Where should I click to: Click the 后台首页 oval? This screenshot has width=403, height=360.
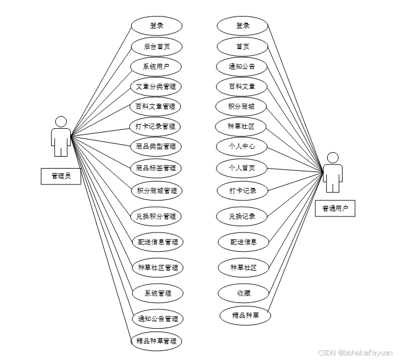click(x=156, y=46)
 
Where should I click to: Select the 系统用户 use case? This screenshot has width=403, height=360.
click(x=156, y=67)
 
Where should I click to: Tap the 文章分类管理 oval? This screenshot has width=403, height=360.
click(x=156, y=87)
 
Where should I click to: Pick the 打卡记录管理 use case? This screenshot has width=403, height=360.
click(x=156, y=126)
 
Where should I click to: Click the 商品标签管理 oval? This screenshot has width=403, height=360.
click(x=156, y=168)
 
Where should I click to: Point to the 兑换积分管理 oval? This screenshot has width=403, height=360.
click(x=156, y=216)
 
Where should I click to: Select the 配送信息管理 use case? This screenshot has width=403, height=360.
click(x=157, y=242)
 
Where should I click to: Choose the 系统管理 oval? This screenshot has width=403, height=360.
click(x=157, y=293)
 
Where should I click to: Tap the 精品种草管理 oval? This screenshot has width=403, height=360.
click(x=156, y=342)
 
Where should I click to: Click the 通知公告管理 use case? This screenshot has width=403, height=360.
click(x=157, y=318)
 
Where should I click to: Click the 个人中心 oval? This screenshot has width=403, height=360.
click(x=242, y=146)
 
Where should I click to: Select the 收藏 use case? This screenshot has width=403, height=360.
click(x=243, y=293)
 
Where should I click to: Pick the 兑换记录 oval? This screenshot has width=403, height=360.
click(x=242, y=216)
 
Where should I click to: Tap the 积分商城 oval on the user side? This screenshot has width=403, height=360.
click(x=241, y=107)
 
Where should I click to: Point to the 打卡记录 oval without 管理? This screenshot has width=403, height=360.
click(x=243, y=190)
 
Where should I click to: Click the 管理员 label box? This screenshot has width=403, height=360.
click(x=61, y=176)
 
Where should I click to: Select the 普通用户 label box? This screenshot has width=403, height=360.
click(x=335, y=208)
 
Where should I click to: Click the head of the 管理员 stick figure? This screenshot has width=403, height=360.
click(x=61, y=122)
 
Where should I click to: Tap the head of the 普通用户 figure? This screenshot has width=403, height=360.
click(x=333, y=158)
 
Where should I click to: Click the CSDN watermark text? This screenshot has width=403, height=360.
click(x=355, y=353)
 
